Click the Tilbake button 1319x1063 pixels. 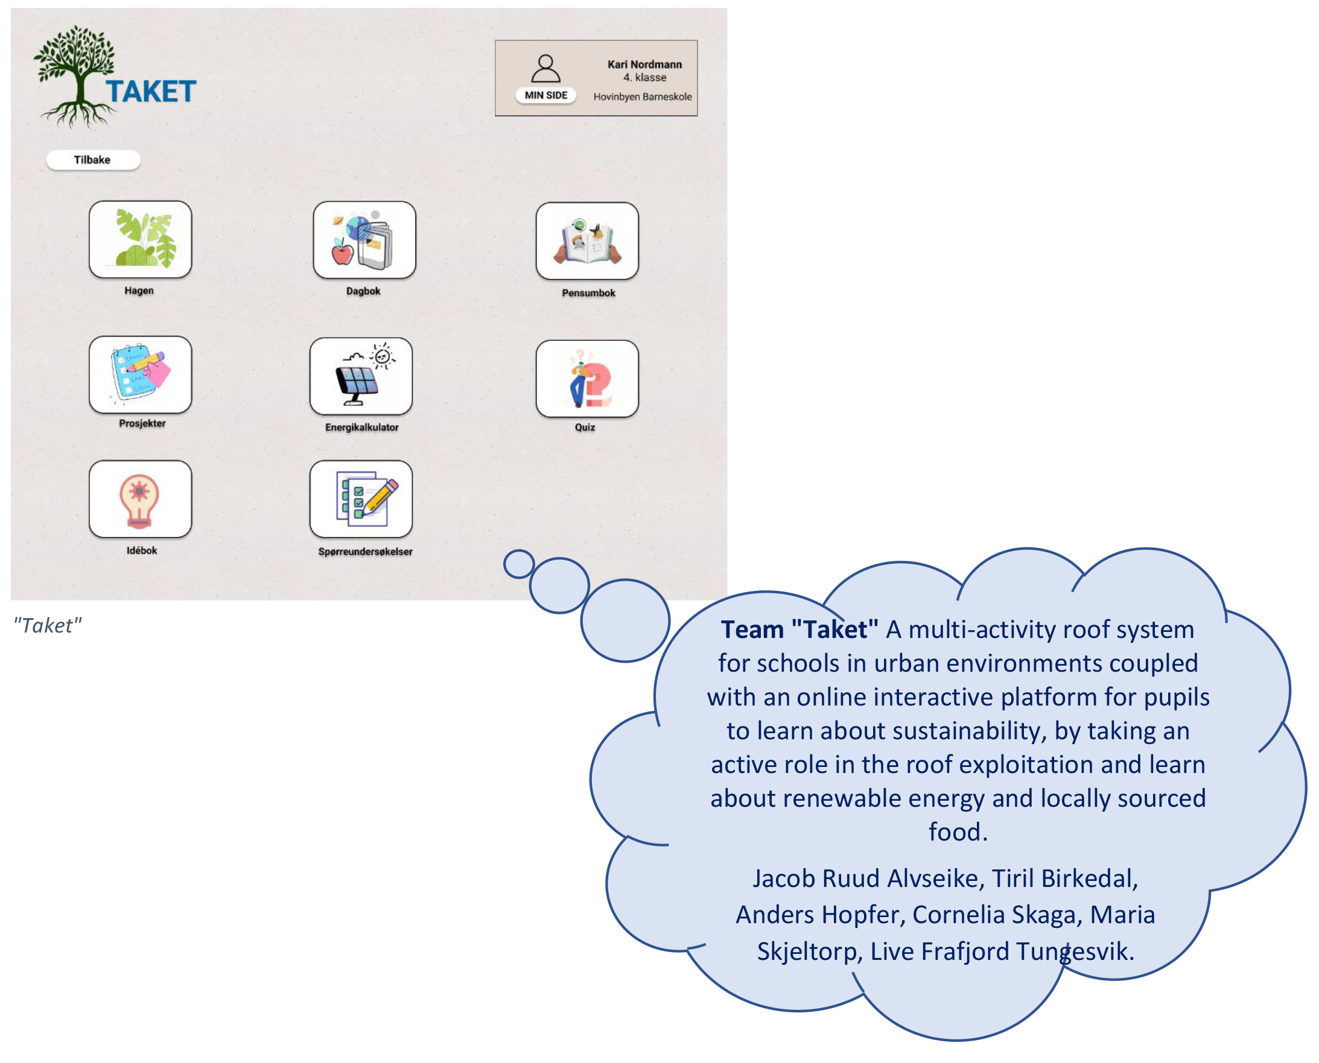coord(93,160)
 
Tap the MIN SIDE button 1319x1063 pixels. coord(545,95)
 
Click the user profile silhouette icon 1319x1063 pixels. coord(545,68)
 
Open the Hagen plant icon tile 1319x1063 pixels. coord(141,239)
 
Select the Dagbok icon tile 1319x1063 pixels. coord(364,240)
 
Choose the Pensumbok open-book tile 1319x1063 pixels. coord(587,241)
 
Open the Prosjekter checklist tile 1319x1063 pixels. coord(141,375)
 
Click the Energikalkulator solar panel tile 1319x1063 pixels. coord(361,377)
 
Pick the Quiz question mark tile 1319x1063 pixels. coord(587,379)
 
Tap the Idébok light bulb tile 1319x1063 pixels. coord(141,499)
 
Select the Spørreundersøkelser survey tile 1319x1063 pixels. coord(361,499)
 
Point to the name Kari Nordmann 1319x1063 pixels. coord(644,65)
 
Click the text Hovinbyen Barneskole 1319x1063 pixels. coord(642,96)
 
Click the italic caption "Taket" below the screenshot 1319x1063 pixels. coord(48,625)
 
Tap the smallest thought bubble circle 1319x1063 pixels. coord(519,564)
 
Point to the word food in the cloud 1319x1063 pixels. coord(958,831)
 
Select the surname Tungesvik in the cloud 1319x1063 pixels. coord(1075,951)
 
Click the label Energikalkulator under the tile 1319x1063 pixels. coord(361,427)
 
